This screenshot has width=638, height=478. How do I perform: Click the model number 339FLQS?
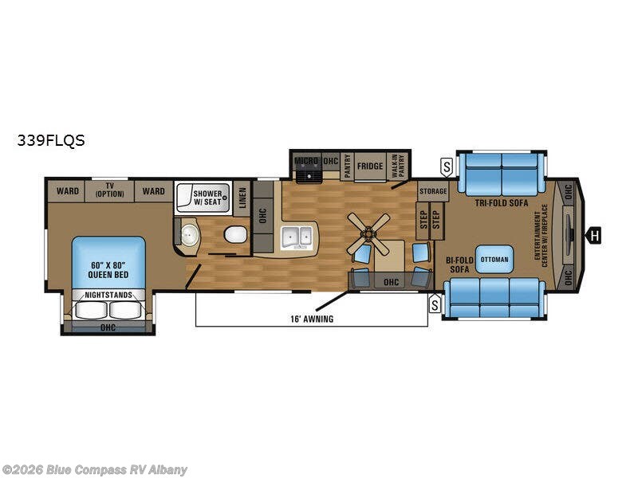pos(51,141)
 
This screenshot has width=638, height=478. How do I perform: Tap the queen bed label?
pos(110,270)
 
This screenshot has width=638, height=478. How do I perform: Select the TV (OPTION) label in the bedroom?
pos(109,190)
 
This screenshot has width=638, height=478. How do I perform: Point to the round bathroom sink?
pos(190,234)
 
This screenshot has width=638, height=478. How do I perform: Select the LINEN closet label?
pos(243,197)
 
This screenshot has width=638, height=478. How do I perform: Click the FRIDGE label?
pos(370,167)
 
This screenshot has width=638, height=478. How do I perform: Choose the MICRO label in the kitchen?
pos(306,161)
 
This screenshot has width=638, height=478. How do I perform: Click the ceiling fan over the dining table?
pos(369,232)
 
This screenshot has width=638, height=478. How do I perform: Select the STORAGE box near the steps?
pos(433,191)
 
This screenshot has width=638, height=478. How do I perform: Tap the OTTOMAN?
pos(494,260)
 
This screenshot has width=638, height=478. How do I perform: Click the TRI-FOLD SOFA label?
pos(497,203)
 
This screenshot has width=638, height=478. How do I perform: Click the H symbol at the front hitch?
pos(594,234)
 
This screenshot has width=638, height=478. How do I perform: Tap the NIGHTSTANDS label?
pos(108,295)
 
